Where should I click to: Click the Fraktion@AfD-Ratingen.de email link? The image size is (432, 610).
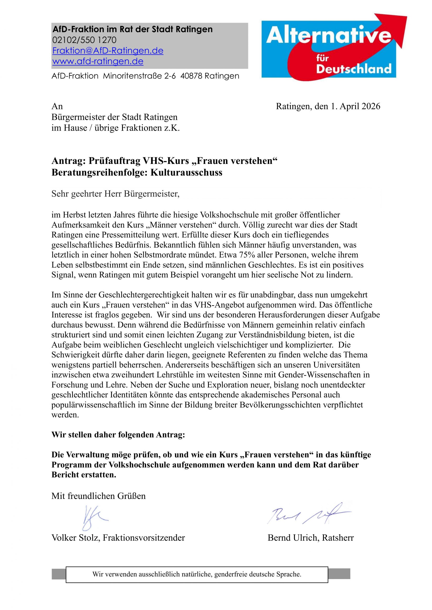point(108,51)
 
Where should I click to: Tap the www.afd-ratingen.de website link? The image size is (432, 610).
point(98,61)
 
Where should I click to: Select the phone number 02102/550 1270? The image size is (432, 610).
point(84,40)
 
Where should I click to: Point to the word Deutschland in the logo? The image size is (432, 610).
point(354,69)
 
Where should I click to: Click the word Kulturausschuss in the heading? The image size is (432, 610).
point(186,173)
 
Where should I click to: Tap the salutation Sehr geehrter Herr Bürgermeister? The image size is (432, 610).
point(116,194)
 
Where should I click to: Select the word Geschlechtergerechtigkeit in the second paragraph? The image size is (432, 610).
point(143,295)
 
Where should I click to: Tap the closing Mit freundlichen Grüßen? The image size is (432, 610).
point(99,496)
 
